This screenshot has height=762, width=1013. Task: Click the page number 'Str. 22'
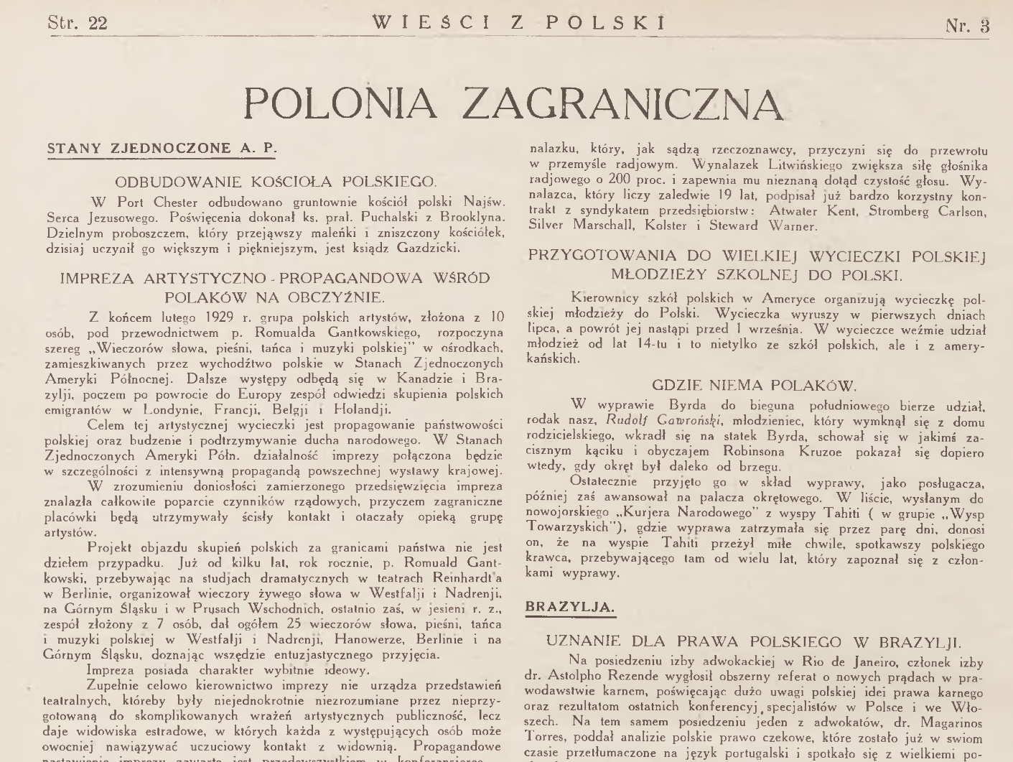(78, 24)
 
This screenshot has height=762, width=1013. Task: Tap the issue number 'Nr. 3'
(967, 25)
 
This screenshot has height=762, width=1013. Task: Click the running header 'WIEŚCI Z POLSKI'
(519, 23)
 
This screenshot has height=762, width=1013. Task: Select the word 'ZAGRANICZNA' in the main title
(622, 103)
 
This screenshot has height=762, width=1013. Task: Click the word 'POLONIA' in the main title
(341, 103)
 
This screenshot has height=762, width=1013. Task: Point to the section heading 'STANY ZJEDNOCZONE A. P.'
(162, 149)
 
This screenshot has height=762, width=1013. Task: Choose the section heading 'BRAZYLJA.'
(571, 607)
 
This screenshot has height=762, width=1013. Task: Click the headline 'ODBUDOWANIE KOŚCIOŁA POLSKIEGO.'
(276, 181)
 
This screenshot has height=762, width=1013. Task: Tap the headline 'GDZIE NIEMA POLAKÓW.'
(755, 386)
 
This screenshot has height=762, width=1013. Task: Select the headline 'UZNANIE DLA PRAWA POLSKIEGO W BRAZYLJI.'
(754, 641)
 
